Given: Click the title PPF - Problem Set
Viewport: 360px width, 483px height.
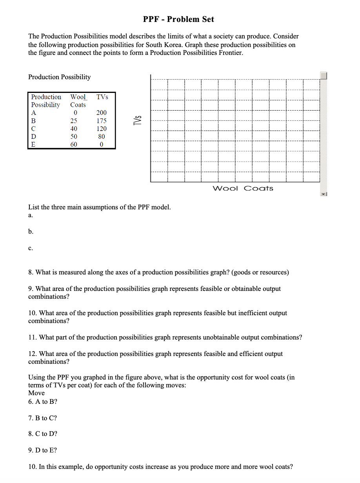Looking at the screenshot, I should pos(178,19).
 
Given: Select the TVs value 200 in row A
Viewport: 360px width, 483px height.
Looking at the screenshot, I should pos(102,113).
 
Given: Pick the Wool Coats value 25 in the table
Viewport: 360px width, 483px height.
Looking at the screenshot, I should pos(74,121).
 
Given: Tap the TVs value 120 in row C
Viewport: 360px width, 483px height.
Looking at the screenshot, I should pos(102,129).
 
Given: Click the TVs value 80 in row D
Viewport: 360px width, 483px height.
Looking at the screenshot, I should pos(102,136).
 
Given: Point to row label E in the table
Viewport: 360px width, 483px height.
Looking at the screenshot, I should pos(33,144).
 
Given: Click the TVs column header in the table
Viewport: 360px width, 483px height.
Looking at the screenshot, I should pos(102,97).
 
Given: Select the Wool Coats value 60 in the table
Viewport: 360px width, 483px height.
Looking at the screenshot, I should pos(74,144).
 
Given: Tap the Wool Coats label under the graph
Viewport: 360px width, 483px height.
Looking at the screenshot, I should pos(243,189).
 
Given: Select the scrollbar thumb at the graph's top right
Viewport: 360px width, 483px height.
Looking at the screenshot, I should pos(324,75).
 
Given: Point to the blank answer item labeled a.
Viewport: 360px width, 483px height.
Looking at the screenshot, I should pos(31,215).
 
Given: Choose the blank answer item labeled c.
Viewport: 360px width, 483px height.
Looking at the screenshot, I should pos(31,248).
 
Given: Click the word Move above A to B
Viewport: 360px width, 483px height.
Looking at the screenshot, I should pos(36,393).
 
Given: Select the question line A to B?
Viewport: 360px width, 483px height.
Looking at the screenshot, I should pos(43,402).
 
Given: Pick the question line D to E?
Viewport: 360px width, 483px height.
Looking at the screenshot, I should pos(43,450).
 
